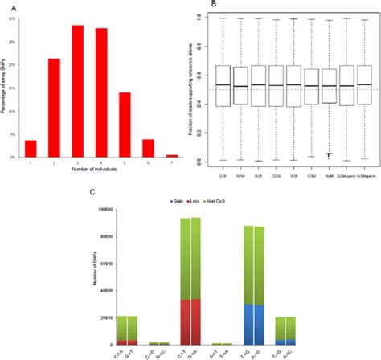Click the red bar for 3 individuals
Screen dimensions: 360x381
point(78,92)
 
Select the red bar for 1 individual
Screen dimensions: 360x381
point(31,149)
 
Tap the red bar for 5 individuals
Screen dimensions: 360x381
point(125,125)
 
